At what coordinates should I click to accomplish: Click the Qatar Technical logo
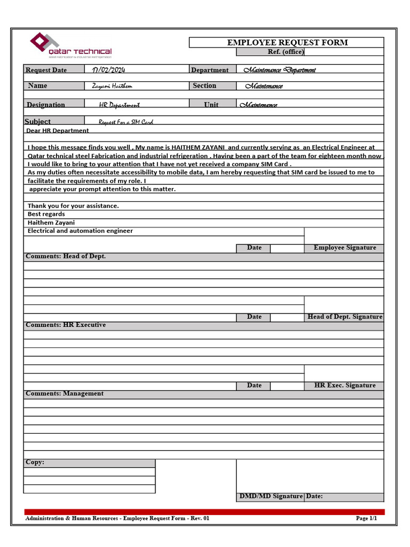70,46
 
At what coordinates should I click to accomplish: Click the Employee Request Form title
287,43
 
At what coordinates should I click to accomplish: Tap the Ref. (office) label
285,52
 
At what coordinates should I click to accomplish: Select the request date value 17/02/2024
108,69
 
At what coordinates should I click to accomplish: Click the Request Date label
46,70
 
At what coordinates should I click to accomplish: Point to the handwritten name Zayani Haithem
112,86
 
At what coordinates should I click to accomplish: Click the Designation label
46,105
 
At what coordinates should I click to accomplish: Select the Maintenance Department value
279,70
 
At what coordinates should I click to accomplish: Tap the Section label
204,86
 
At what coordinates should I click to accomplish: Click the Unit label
211,105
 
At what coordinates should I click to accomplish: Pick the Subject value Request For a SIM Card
125,122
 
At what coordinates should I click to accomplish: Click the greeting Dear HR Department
58,130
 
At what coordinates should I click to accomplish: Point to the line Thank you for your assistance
73,206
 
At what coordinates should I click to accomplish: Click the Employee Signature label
344,248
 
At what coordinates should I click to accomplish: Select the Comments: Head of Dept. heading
66,256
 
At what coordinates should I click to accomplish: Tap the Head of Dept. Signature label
344,317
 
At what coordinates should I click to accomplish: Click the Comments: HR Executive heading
66,325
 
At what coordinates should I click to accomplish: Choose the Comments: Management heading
65,394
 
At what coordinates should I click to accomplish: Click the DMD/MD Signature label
271,496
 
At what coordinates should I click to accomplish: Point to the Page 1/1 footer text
366,518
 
